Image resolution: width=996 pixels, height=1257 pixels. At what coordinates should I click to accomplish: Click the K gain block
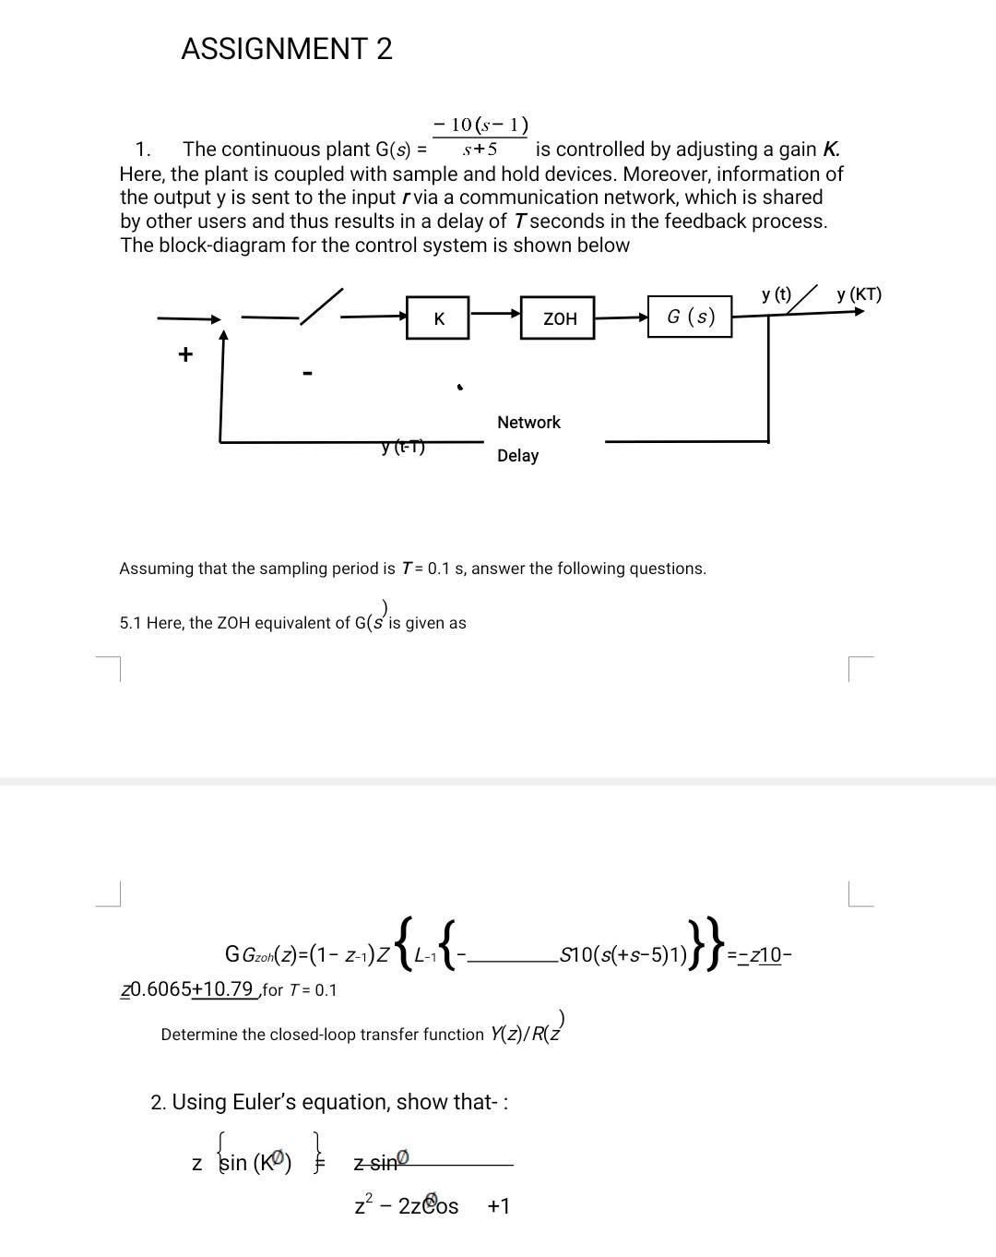point(439,318)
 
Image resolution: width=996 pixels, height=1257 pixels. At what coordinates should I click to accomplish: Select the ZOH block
point(559,318)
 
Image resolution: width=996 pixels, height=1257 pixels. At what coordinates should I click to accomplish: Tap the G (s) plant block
point(690,317)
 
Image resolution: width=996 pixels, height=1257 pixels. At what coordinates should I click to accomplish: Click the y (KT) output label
point(859,295)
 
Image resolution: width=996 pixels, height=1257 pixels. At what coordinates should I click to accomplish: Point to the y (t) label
point(777,295)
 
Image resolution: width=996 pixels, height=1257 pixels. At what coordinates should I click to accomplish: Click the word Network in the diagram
point(528,423)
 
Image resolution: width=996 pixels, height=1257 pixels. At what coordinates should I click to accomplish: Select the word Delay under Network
point(517,456)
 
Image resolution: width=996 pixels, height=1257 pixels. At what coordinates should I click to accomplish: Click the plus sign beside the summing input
point(185,354)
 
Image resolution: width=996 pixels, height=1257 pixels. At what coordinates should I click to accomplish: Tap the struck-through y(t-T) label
point(403,448)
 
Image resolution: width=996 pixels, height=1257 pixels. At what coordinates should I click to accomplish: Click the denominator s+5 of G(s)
point(480,149)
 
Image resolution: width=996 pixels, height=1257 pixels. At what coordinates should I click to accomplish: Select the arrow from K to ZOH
point(495,313)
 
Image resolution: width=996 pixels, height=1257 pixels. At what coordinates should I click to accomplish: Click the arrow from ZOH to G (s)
point(621,317)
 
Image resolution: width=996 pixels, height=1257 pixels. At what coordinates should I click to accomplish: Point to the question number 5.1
point(130,624)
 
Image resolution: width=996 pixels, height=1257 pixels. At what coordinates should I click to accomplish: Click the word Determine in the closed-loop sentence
point(198,1035)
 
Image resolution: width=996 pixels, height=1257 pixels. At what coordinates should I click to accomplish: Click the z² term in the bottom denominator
point(363,1205)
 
